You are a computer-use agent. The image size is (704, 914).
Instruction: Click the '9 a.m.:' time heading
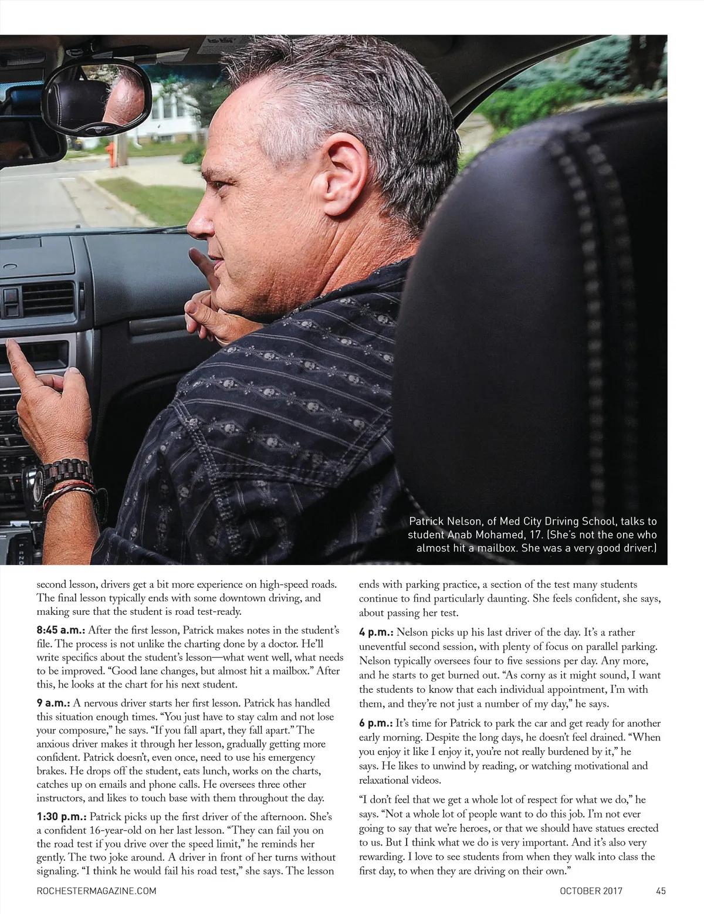point(53,703)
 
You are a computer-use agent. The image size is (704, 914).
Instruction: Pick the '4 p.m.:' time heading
point(375,633)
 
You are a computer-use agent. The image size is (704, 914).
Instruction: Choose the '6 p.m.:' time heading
point(375,723)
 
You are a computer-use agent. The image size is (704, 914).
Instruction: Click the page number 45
point(661,891)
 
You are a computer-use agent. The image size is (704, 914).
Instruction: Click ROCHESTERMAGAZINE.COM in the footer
point(96,891)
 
